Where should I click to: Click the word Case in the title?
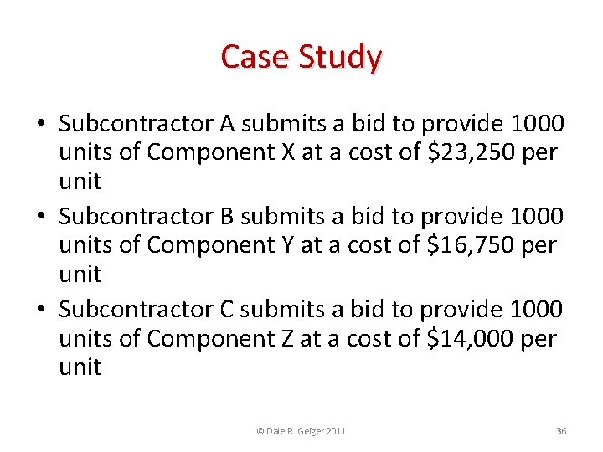(251, 57)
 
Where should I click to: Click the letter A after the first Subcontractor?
(227, 124)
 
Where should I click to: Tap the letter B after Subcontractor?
(227, 217)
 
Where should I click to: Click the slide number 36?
(561, 431)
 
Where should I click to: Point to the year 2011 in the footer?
(336, 431)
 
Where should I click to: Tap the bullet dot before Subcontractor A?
(40, 125)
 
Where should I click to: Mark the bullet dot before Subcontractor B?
(40, 218)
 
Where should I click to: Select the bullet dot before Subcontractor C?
(40, 311)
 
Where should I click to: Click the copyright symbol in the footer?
(260, 431)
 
